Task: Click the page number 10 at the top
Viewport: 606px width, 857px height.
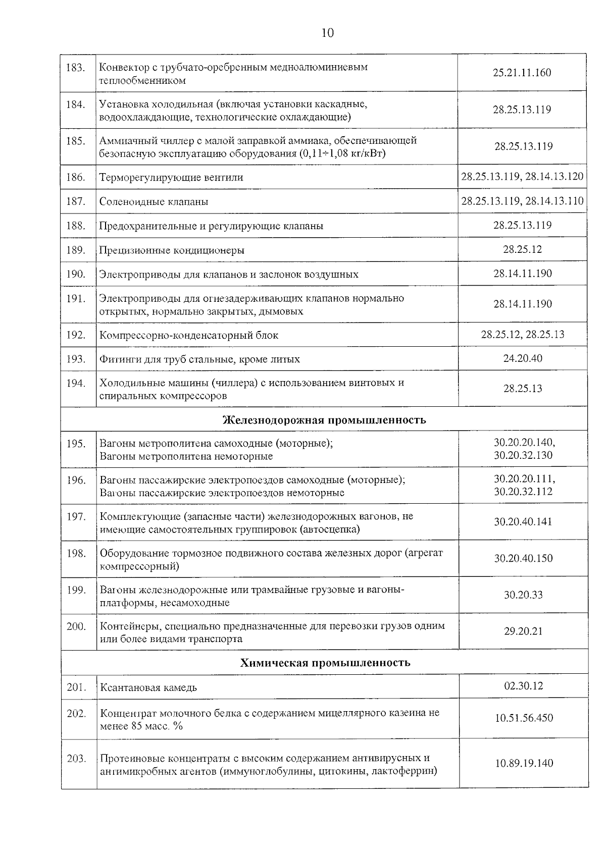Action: tap(327, 33)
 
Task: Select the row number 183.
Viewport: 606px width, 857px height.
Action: tap(75, 68)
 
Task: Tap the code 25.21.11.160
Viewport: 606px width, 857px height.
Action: tap(522, 73)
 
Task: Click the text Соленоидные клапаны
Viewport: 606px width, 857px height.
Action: tap(154, 202)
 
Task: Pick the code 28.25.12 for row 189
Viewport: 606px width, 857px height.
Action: tap(522, 249)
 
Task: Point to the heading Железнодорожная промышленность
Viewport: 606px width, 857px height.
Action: tap(324, 420)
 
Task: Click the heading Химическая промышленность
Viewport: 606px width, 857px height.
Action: tap(325, 663)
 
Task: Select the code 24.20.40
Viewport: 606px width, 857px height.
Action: tap(523, 358)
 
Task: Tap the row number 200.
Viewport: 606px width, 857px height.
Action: tap(76, 626)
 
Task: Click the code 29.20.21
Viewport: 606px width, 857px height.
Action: tap(523, 631)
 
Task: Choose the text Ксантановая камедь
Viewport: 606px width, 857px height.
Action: tap(148, 688)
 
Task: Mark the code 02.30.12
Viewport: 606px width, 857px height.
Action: tap(524, 686)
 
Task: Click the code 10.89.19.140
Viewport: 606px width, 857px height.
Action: tap(524, 763)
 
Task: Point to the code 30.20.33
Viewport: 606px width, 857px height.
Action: tap(523, 595)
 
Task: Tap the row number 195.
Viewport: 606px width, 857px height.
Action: tap(76, 444)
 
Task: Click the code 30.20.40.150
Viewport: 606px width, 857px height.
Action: tap(523, 558)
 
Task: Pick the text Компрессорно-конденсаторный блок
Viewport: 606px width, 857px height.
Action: tap(189, 335)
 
